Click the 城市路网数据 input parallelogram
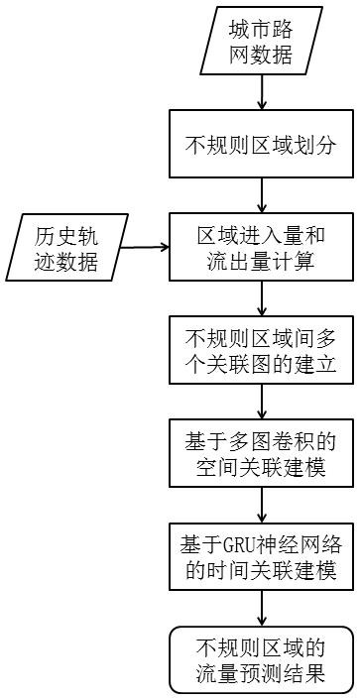261,41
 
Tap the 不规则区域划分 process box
261,146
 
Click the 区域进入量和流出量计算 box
261,249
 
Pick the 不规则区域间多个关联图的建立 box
261,351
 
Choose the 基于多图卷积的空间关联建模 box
261,454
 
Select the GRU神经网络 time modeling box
261,557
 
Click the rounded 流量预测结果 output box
261,661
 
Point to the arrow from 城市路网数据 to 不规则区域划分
261,91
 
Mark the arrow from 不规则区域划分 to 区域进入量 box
261,195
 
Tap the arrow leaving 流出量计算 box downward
261,298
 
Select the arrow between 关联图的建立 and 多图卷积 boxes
261,402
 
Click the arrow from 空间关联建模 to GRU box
261,505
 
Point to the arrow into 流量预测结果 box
261,608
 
